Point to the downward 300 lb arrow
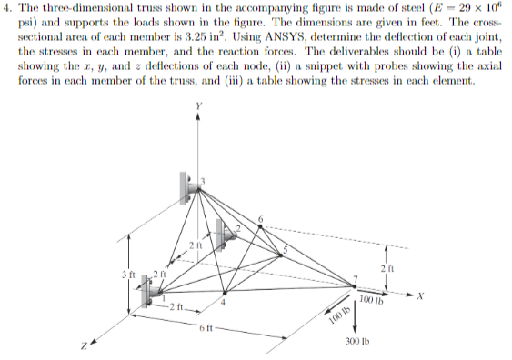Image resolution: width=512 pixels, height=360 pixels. (x=356, y=314)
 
